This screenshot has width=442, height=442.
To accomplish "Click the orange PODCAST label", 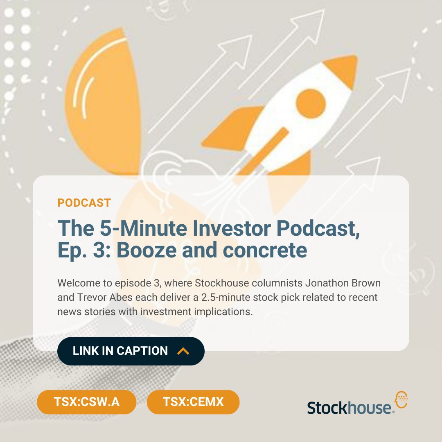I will click(84, 203).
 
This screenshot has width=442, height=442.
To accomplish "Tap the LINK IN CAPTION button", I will click(131, 351).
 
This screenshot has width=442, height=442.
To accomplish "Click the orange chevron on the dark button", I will click(183, 351).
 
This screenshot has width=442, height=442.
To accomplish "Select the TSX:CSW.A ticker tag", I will click(86, 401).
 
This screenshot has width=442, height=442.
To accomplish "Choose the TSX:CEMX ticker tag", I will click(193, 401).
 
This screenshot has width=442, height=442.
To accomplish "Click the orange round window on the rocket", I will click(311, 100).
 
